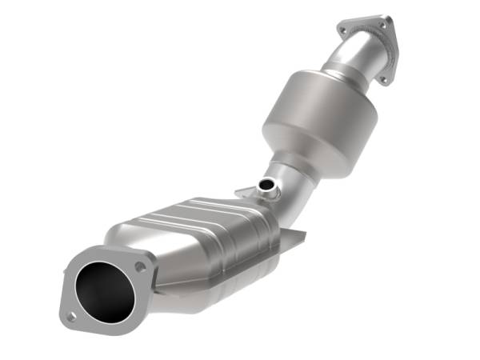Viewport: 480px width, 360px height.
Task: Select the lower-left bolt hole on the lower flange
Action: [71, 317]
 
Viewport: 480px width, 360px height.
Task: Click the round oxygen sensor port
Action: [266, 187]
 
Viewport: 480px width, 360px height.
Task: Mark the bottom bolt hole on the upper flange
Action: [383, 78]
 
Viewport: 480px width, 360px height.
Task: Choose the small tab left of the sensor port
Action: [243, 192]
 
